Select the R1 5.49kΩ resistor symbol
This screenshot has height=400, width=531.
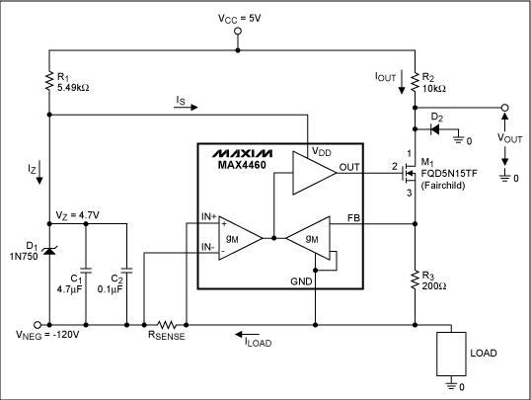click(48, 78)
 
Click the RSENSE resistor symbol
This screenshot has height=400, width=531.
click(165, 323)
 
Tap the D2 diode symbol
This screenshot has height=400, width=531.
click(435, 127)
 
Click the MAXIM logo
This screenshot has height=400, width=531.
click(244, 156)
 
